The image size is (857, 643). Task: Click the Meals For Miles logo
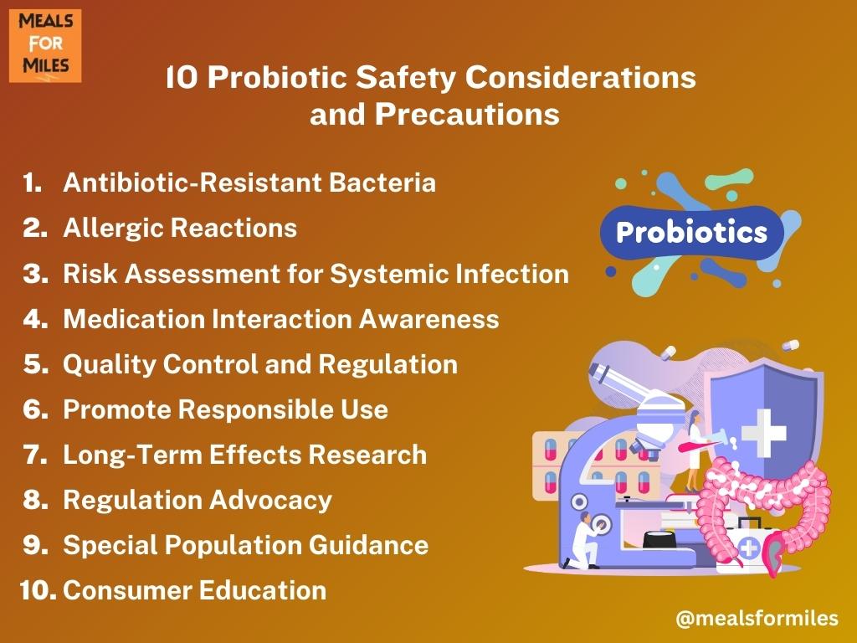[45, 45]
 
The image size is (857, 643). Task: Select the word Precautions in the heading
[467, 114]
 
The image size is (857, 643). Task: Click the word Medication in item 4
[133, 319]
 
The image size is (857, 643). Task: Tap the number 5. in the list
[36, 364]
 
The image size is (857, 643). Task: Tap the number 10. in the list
[38, 590]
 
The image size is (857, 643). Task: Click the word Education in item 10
[262, 590]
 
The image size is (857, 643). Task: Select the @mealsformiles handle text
[757, 619]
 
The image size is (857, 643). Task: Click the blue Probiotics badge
[692, 233]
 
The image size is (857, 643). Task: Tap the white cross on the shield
[763, 433]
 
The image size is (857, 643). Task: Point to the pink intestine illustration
[765, 508]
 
